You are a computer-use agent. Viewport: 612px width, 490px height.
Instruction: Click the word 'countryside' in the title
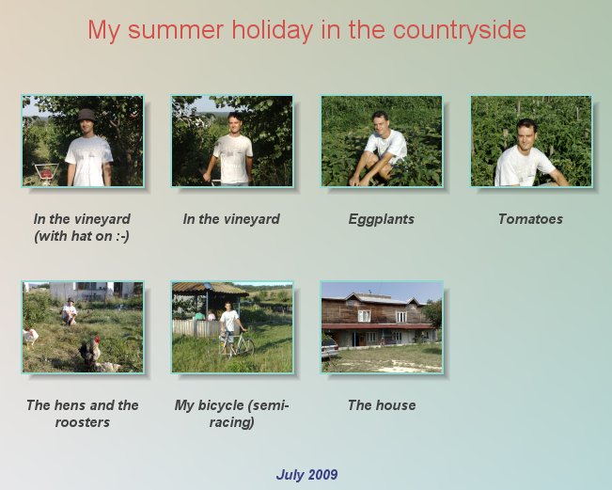pos(460,30)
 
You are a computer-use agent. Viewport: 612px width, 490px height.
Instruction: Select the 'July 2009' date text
pos(306,475)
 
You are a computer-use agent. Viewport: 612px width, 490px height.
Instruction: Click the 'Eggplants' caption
pos(382,219)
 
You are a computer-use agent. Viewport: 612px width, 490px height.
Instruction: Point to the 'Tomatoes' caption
pos(530,219)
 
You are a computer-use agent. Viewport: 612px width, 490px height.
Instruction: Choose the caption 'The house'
pos(382,405)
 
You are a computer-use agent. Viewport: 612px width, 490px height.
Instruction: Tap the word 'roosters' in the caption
pos(83,422)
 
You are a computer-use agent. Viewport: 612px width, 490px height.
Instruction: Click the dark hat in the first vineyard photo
pos(86,116)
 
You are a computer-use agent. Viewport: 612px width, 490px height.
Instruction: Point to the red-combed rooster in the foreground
pos(90,354)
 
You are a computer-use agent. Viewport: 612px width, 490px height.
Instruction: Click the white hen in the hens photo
pos(30,337)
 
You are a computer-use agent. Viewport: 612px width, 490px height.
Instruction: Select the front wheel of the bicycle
pos(246,347)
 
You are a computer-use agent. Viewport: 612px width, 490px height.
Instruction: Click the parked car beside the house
pos(329,347)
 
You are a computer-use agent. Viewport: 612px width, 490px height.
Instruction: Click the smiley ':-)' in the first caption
pos(122,236)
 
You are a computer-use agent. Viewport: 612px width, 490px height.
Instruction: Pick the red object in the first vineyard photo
pos(46,173)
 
